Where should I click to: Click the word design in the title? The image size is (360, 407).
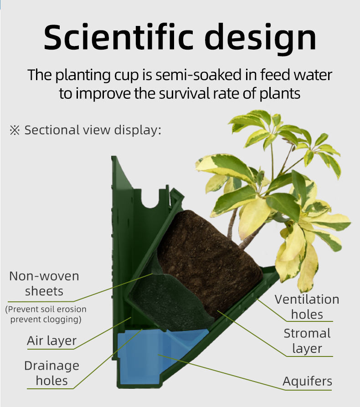(260, 39)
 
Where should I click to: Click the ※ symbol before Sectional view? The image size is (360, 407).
(15, 130)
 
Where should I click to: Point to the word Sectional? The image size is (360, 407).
(52, 130)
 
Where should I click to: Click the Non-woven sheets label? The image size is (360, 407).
(44, 284)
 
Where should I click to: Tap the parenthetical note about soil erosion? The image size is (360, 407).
(46, 314)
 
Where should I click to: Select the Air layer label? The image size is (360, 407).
(51, 341)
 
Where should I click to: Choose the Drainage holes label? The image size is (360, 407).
(51, 373)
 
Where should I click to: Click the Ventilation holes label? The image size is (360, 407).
(307, 307)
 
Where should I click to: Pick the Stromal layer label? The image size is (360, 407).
(307, 341)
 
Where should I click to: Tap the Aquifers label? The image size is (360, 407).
(307, 382)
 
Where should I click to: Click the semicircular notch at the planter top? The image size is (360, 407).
(150, 199)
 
